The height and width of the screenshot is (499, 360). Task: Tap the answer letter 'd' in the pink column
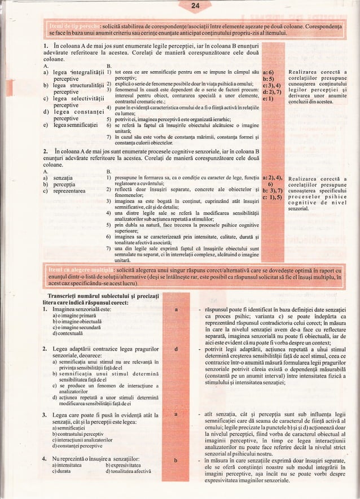click(x=178, y=349)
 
